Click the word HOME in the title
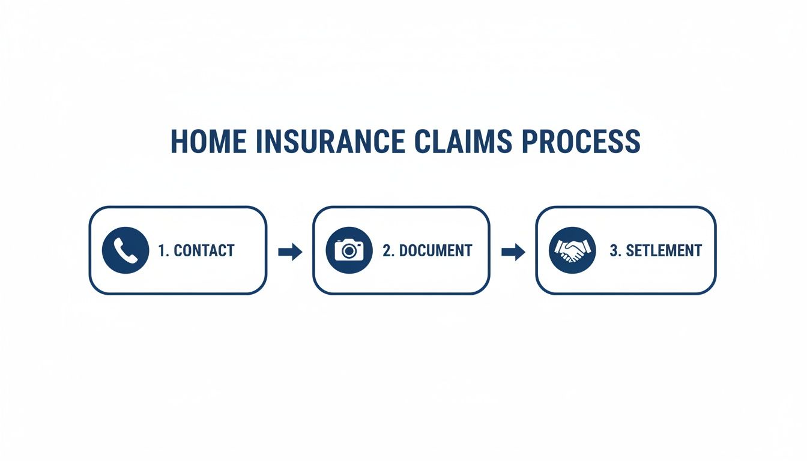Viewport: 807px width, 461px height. click(208, 142)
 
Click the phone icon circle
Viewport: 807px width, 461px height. click(125, 250)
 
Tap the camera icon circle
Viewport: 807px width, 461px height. click(348, 250)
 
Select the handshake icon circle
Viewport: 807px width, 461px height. click(572, 250)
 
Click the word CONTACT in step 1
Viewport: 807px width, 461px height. click(204, 251)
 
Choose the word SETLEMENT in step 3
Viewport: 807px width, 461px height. click(663, 251)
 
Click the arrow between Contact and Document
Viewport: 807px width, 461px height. click(290, 252)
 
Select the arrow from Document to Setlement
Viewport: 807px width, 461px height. click(513, 252)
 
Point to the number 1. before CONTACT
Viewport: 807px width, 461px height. click(164, 251)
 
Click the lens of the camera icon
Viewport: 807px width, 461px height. click(348, 252)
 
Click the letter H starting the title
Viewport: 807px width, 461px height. click(179, 142)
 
